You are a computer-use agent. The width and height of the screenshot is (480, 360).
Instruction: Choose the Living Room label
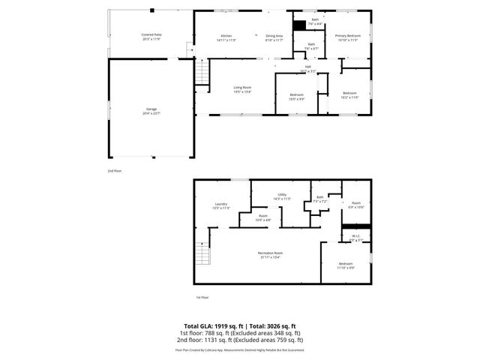point(241,89)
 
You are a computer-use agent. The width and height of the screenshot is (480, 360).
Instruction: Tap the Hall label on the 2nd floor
point(307,67)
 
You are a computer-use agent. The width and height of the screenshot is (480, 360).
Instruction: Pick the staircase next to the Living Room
point(200,74)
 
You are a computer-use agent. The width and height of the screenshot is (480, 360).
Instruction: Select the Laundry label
point(221,205)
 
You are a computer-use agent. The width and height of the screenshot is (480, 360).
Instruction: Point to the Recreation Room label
point(269,255)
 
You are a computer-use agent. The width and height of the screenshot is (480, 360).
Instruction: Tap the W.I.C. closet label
point(356,237)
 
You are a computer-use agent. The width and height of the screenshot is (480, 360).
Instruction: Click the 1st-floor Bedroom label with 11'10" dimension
point(345,265)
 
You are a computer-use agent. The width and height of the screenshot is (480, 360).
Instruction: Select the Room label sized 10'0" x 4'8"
point(262,217)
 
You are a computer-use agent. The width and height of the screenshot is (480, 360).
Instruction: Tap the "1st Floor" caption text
point(202,298)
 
